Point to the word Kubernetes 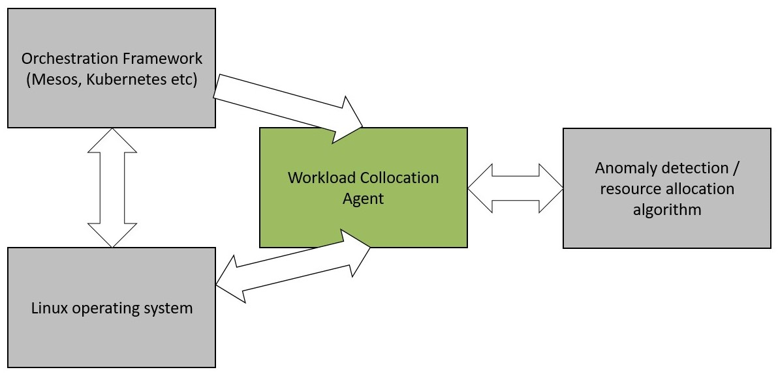123,80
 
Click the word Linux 48,308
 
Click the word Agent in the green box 364,199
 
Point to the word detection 696,168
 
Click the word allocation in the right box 702,189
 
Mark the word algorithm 667,210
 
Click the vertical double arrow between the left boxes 112,188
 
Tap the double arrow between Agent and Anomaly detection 515,188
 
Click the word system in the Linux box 172,308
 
